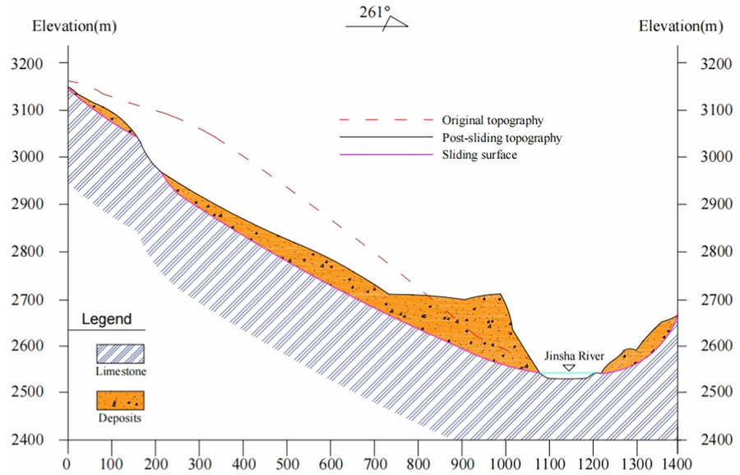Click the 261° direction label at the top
tap(375, 13)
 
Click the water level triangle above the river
tap(568, 367)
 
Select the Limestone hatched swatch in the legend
tap(120, 354)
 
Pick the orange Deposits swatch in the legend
tap(120, 401)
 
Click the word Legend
tap(106, 319)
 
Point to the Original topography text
tap(493, 121)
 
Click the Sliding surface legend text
tap(479, 155)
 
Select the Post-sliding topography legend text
tap(502, 138)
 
